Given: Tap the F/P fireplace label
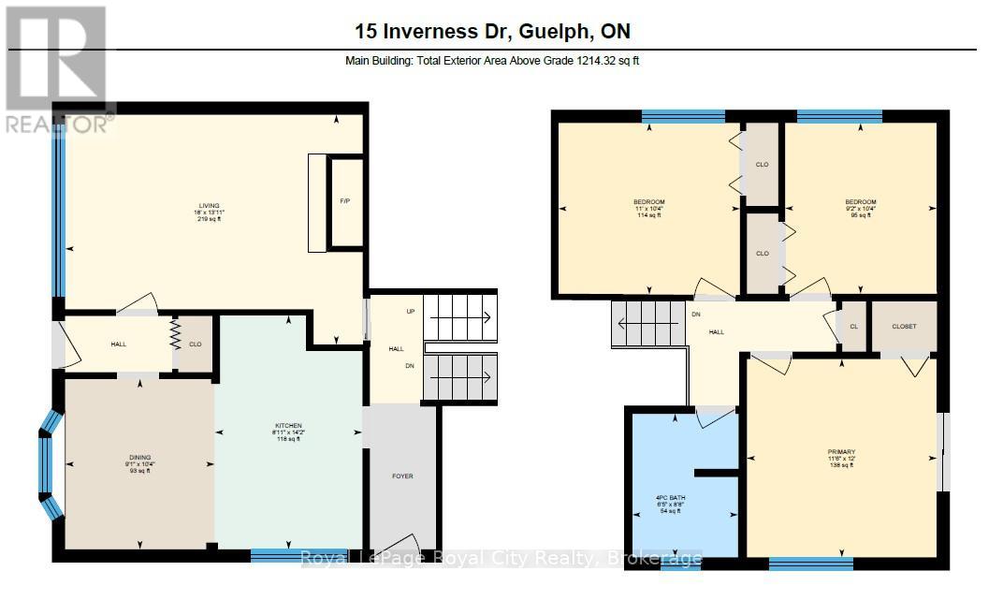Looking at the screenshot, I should click(344, 202).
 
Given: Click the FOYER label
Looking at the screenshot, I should click(402, 476).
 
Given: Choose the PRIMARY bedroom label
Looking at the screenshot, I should click(841, 452).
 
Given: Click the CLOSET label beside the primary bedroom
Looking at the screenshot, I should click(904, 326).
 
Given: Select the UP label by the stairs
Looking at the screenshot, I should click(410, 312).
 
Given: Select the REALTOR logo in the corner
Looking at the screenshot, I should click(56, 70).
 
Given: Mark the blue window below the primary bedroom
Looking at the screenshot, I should click(810, 563).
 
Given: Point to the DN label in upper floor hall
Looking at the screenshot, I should click(696, 315).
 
